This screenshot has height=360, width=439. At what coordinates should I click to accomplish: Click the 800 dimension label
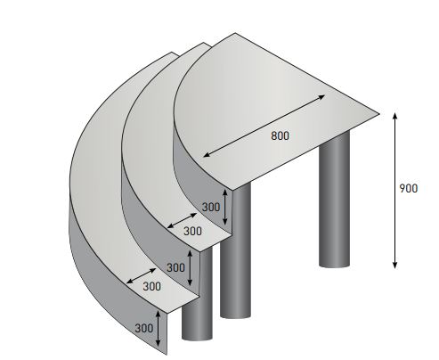[x=279, y=135]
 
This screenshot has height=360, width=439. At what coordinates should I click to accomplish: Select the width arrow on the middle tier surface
[x=182, y=218]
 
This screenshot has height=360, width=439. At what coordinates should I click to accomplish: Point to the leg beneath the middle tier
[x=233, y=267]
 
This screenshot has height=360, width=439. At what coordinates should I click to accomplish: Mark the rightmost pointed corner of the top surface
[x=378, y=113]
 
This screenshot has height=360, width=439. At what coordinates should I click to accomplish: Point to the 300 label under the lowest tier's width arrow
[x=151, y=286]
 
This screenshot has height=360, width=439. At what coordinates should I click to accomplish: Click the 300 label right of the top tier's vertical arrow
[x=210, y=207]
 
